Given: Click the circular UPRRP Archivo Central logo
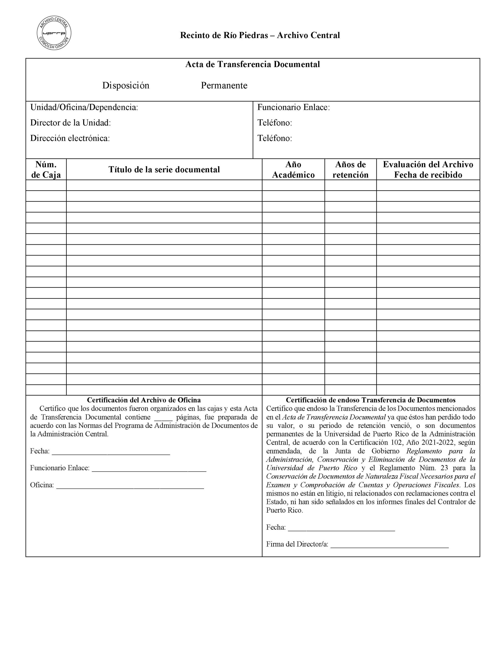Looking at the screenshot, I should [54, 33].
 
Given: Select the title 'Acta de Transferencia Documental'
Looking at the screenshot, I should [252, 64].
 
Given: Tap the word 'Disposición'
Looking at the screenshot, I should [126, 86].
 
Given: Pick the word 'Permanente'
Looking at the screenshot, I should [224, 86].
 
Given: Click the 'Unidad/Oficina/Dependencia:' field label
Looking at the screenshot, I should [84, 107].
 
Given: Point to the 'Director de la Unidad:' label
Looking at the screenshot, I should [71, 123].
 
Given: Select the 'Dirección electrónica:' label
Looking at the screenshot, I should [70, 138].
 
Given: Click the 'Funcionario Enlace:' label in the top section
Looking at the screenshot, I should [293, 107].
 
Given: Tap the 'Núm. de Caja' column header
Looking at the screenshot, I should [46, 169].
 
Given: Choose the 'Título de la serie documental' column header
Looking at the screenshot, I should [164, 169].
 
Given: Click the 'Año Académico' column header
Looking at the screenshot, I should [293, 169].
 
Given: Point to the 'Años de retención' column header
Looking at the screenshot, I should [350, 169].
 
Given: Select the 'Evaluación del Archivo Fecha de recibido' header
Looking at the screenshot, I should [428, 169].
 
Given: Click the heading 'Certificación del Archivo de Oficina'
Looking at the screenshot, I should [144, 400].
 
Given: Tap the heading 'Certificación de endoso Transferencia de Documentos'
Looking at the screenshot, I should [371, 400].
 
